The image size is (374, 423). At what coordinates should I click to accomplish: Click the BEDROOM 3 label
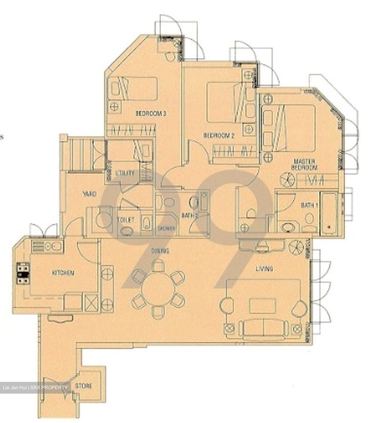[151, 113]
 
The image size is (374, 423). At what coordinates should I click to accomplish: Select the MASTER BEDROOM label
[304, 164]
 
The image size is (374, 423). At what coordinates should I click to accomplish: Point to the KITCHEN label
[63, 273]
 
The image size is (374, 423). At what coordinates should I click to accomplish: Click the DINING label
[160, 251]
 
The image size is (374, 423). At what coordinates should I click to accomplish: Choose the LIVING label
[264, 268]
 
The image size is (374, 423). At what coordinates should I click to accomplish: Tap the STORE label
[84, 386]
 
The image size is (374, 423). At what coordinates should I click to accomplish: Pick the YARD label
[89, 194]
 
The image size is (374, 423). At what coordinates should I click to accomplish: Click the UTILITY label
[125, 173]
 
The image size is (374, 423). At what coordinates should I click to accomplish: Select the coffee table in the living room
[262, 306]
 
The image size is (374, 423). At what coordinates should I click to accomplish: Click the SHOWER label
[166, 229]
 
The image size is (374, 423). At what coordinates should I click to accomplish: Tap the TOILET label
[125, 220]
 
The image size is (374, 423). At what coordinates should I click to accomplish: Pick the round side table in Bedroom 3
[114, 106]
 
